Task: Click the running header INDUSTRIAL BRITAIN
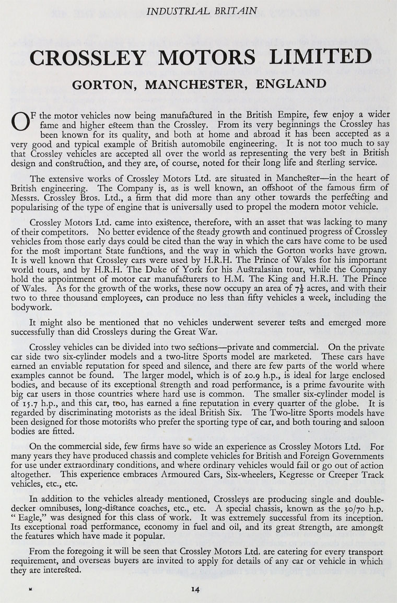point(198,9)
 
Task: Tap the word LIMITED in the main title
point(312,57)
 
